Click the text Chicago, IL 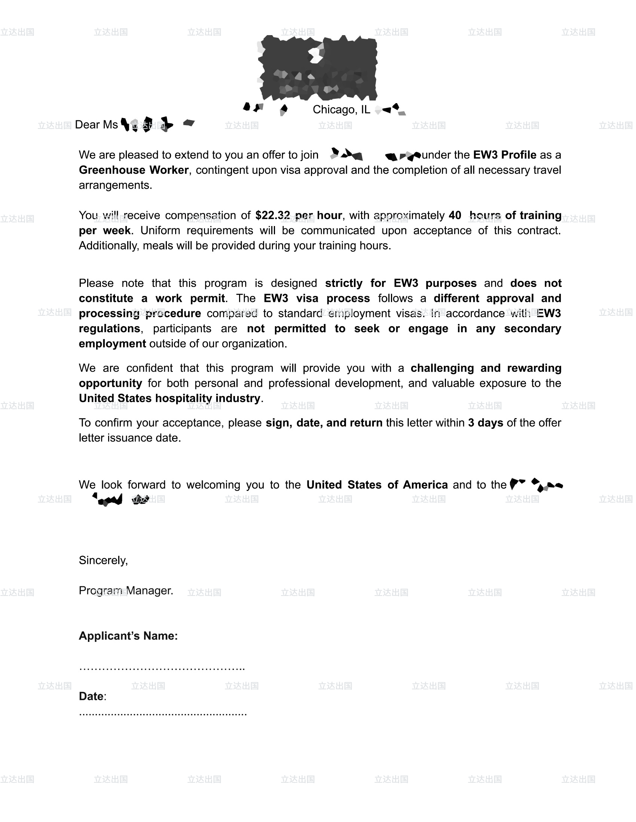pyautogui.click(x=341, y=109)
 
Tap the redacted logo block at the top pyautogui.click(x=318, y=68)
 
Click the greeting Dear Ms pyautogui.click(x=96, y=124)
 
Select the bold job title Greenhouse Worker pyautogui.click(x=134, y=170)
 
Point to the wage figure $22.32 pyautogui.click(x=272, y=215)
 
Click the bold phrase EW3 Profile pyautogui.click(x=505, y=155)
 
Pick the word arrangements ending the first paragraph pyautogui.click(x=115, y=185)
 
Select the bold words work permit pyautogui.click(x=190, y=299)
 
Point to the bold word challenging pyautogui.click(x=442, y=368)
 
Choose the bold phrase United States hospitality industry pyautogui.click(x=169, y=398)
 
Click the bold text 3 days pyautogui.click(x=485, y=423)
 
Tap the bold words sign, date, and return pyautogui.click(x=324, y=423)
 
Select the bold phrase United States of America pyautogui.click(x=377, y=485)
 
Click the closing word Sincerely pyautogui.click(x=103, y=560)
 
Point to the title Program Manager pyautogui.click(x=126, y=590)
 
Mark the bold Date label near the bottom pyautogui.click(x=91, y=696)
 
